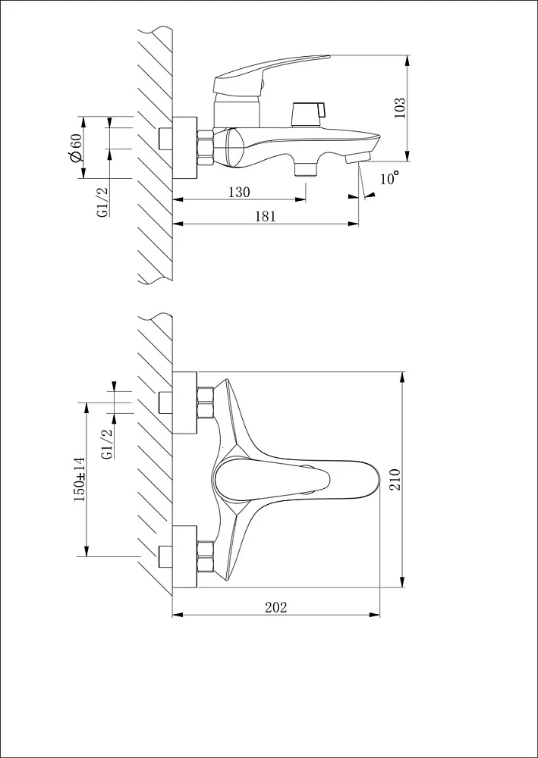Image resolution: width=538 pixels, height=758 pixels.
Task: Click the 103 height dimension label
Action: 400,108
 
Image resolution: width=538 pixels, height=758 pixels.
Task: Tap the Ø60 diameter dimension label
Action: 75,149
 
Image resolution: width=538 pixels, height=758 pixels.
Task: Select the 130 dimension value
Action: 240,192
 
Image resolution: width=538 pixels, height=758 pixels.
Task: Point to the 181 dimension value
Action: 265,216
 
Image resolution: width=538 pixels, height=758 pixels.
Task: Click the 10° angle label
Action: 390,178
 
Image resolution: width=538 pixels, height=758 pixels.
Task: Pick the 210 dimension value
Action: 396,480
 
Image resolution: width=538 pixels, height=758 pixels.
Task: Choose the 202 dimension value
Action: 275,607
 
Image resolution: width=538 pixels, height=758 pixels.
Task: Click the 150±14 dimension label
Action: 80,479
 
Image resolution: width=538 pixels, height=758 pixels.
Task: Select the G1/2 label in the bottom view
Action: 108,443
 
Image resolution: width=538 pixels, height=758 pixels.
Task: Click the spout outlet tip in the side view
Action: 358,157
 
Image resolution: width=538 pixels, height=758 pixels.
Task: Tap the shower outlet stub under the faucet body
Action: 305,169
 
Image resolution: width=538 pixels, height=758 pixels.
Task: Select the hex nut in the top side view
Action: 206,148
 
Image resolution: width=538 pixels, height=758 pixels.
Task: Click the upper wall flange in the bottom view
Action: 185,402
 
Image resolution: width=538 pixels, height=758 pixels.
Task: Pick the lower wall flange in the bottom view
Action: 185,557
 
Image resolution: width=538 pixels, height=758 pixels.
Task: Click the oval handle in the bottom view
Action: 272,480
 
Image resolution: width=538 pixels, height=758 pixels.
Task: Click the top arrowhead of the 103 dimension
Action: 407,61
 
